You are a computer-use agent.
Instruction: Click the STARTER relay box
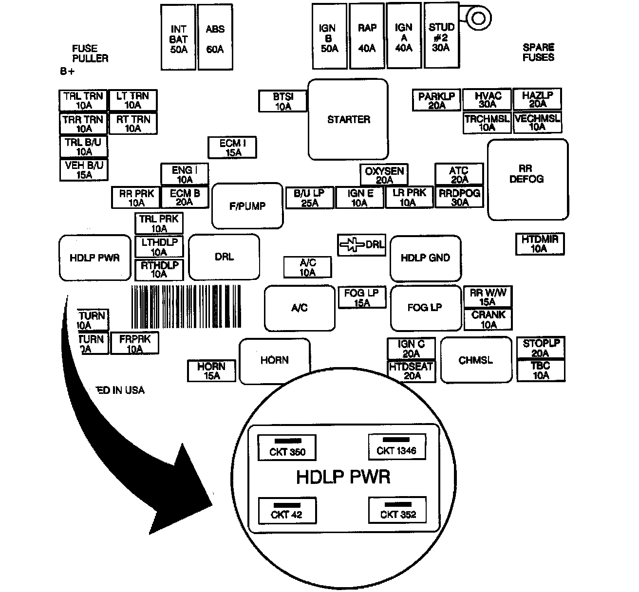click(x=348, y=119)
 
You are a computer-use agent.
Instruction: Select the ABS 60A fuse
click(x=215, y=38)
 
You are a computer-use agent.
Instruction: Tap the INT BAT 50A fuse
click(x=178, y=38)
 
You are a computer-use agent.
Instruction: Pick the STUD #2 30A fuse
click(x=441, y=36)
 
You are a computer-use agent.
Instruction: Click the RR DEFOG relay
click(x=527, y=180)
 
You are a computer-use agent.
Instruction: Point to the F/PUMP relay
click(x=247, y=205)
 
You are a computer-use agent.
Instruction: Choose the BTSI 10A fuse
click(x=283, y=101)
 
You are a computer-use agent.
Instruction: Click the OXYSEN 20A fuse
click(x=384, y=175)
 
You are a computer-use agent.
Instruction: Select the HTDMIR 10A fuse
click(x=540, y=243)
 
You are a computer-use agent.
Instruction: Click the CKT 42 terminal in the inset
click(x=287, y=511)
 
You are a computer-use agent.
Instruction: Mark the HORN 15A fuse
click(x=211, y=370)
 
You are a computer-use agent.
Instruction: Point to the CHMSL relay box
click(x=476, y=360)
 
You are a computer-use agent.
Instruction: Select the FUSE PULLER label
click(x=90, y=53)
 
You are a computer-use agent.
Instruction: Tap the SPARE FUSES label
click(x=538, y=52)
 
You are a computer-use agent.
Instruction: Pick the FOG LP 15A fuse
click(x=361, y=297)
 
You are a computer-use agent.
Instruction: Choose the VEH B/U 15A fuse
click(x=84, y=170)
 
